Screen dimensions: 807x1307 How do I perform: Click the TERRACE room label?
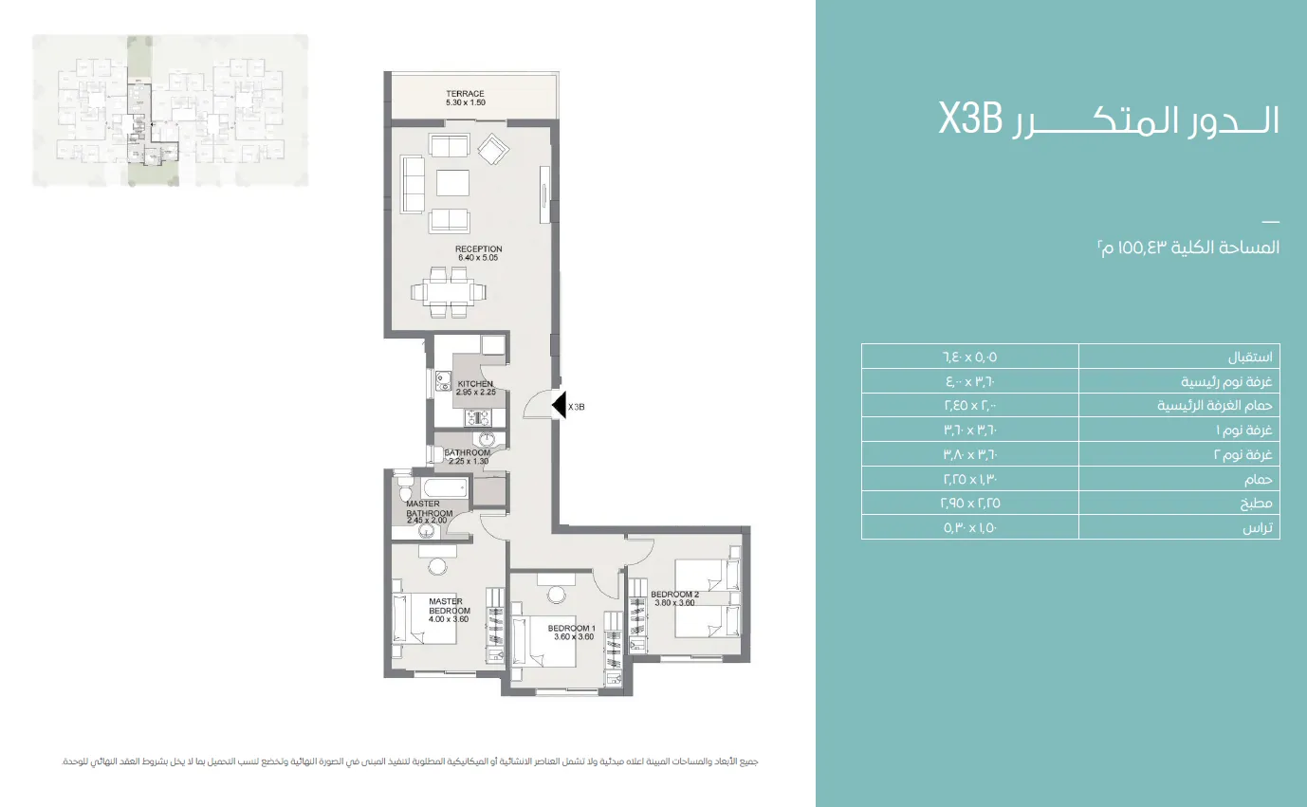click(x=465, y=98)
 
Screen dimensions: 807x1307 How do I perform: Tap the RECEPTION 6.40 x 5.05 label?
click(x=478, y=253)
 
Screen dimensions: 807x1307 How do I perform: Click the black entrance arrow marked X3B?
click(x=560, y=406)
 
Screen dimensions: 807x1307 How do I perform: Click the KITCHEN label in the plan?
click(x=475, y=388)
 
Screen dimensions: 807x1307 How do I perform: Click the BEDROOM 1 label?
click(x=571, y=633)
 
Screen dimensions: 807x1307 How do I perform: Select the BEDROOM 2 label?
click(x=674, y=598)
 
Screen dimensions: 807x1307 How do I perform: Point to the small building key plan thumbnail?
click(x=170, y=110)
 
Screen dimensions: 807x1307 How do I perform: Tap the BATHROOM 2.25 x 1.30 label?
click(x=468, y=456)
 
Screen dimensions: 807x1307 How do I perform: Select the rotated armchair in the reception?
click(x=492, y=149)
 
